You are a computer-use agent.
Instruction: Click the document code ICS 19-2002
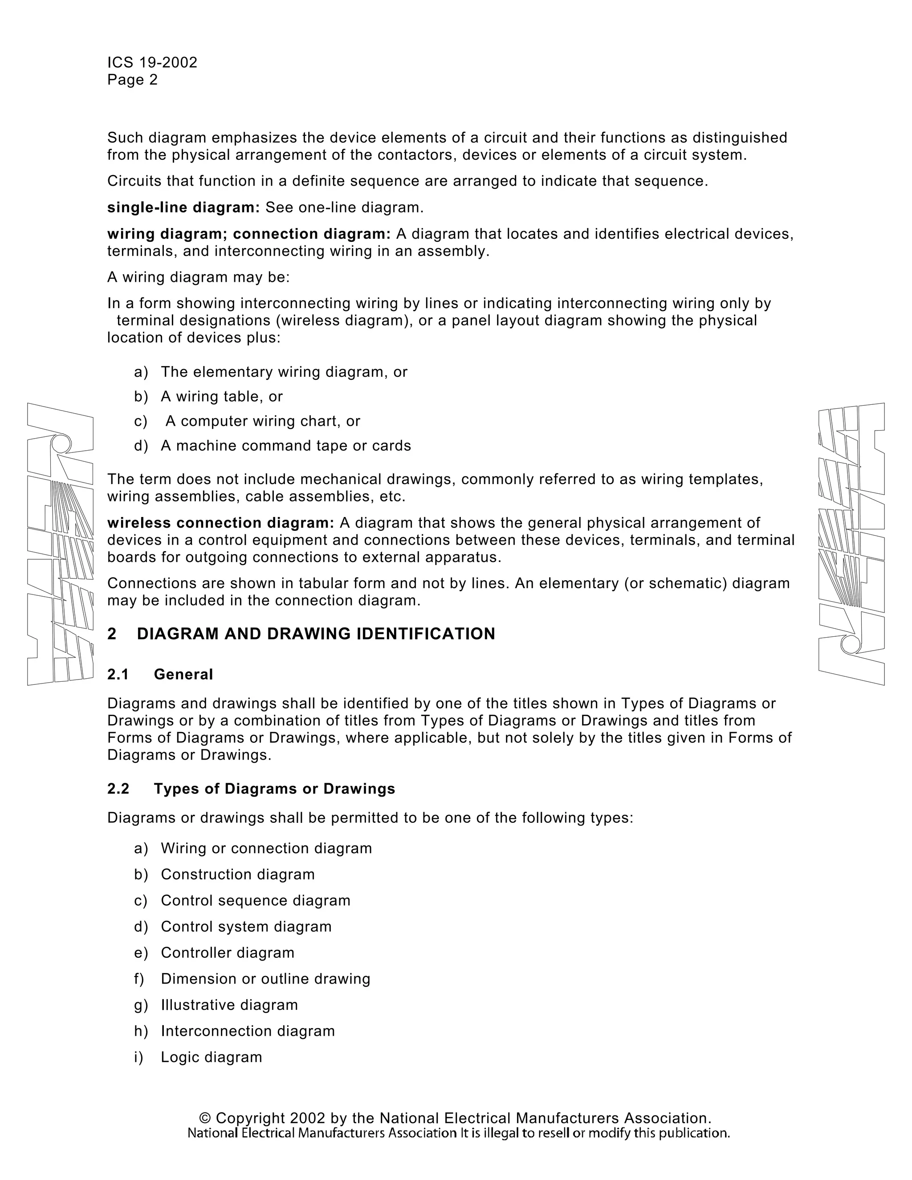(152, 62)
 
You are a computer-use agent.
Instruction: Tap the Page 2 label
(132, 80)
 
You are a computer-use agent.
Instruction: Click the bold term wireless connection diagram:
(221, 523)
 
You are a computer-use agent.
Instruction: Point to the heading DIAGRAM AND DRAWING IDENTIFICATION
(316, 634)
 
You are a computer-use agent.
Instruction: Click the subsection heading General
(184, 674)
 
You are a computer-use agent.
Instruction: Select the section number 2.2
(118, 789)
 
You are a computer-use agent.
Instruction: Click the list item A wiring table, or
(221, 397)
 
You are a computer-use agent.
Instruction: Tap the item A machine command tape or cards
(286, 446)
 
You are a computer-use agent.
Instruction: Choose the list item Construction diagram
(238, 874)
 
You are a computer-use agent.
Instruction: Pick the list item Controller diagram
(228, 952)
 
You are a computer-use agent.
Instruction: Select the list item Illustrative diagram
(229, 1005)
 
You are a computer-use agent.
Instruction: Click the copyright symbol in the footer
(205, 1119)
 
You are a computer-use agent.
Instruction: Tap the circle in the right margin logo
(851, 644)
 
